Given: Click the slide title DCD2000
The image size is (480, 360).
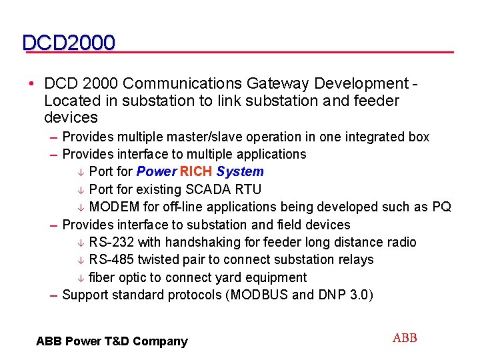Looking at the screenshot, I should click(69, 43).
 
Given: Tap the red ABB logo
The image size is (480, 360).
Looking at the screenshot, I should click(405, 338).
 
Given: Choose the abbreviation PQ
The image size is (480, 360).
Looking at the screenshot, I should click(441, 207).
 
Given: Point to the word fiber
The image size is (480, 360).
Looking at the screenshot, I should click(101, 277).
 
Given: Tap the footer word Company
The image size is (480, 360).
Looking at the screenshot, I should click(160, 341).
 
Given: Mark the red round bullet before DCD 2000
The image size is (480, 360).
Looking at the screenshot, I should click(32, 84).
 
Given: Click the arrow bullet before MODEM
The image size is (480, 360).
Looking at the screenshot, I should click(80, 207).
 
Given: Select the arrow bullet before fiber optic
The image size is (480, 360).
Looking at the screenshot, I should click(80, 278).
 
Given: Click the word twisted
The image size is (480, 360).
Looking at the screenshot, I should click(159, 259).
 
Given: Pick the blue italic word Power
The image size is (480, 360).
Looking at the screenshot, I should click(157, 171).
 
